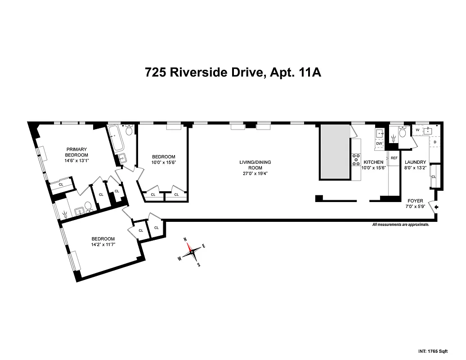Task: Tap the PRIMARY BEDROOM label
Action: (x=76, y=152)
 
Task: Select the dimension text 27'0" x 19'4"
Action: (x=255, y=173)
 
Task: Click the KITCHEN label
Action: (x=373, y=162)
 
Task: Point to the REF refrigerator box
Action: (x=394, y=158)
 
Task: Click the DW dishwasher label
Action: (x=379, y=144)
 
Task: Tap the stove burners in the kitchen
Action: (x=356, y=158)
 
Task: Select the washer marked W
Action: (x=417, y=130)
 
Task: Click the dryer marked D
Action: (x=435, y=142)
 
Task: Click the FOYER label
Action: (x=415, y=201)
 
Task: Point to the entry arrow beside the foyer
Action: (x=436, y=207)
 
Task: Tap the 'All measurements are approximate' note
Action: (x=400, y=224)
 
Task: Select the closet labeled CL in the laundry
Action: (x=434, y=176)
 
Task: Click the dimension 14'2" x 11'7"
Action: (x=103, y=245)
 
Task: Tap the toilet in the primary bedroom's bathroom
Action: (x=88, y=206)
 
